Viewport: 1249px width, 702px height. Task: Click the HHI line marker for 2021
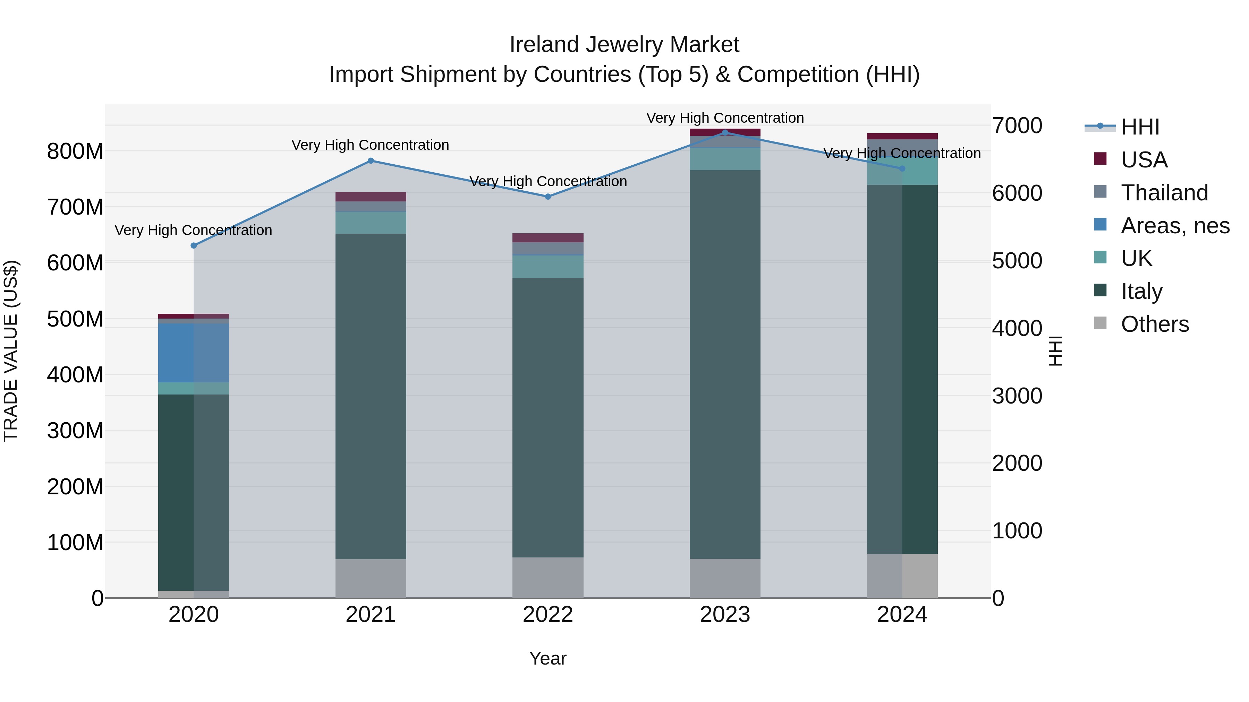pos(371,161)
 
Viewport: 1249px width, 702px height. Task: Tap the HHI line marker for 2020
pos(194,246)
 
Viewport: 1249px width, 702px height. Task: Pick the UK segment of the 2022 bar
pos(548,267)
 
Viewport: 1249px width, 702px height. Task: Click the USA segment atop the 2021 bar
pos(371,197)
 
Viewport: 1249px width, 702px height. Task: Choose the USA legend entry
pos(1144,160)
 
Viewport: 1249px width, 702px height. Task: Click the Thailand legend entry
pos(1164,193)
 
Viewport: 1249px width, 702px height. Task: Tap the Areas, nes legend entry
pos(1174,226)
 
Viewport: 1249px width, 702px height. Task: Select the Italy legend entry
pos(1141,291)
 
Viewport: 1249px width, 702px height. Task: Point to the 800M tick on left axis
pos(75,151)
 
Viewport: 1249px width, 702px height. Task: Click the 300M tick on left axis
pos(75,431)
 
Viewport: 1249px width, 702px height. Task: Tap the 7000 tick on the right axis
pos(1017,126)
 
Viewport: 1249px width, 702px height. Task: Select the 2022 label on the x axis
pos(548,615)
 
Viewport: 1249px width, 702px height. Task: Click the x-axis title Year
pos(548,658)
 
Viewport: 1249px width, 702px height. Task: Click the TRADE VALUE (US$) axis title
pos(11,351)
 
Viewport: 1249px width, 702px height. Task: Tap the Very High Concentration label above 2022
pos(548,182)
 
